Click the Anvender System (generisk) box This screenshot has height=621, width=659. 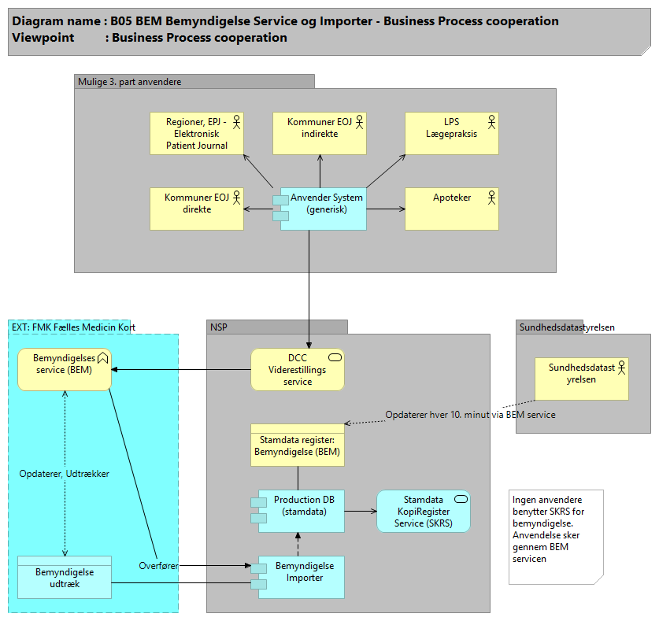pyautogui.click(x=323, y=209)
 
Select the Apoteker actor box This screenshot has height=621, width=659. pyautogui.click(x=451, y=209)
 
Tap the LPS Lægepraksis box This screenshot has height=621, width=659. pyautogui.click(x=451, y=133)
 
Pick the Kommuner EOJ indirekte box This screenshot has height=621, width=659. pyautogui.click(x=320, y=133)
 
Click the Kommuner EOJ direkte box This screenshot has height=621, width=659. pyautogui.click(x=197, y=209)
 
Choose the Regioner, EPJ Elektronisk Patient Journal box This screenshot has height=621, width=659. pyautogui.click(x=197, y=133)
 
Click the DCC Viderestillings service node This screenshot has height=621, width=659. pyautogui.click(x=298, y=369)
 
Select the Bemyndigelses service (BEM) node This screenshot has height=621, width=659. pyautogui.click(x=64, y=369)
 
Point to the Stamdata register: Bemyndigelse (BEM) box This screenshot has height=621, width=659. pyautogui.click(x=298, y=445)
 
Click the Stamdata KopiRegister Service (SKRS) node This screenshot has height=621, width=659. pyautogui.click(x=423, y=511)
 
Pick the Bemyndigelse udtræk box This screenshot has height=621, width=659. pyautogui.click(x=64, y=577)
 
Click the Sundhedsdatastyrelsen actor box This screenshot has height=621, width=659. pyautogui.click(x=582, y=379)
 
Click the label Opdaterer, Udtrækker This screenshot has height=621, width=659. pyautogui.click(x=64, y=474)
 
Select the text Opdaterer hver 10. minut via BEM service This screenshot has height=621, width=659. pyautogui.click(x=470, y=415)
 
